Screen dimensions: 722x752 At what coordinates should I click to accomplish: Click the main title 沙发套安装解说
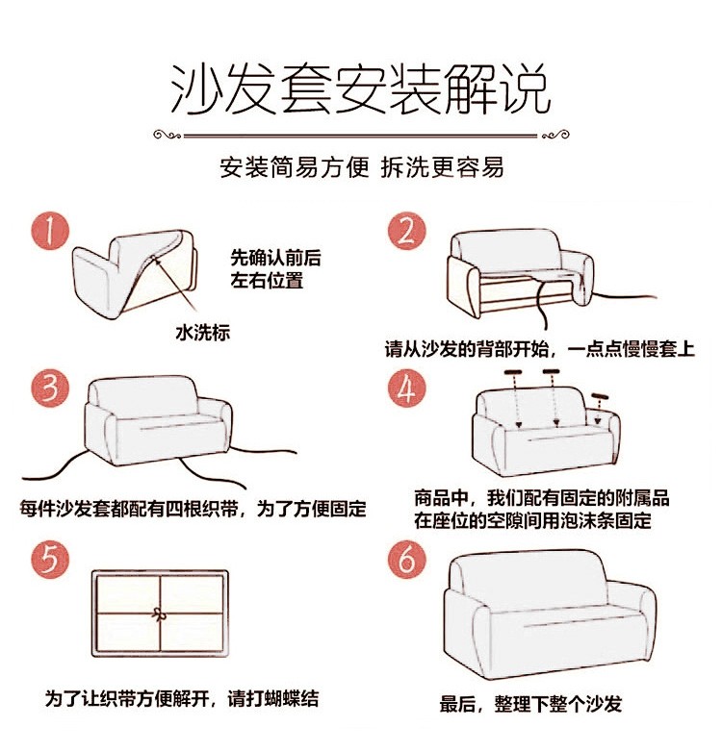click(361, 89)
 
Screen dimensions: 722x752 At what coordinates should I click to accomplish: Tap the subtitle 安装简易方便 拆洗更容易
click(361, 167)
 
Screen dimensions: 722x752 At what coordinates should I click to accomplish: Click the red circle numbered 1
click(50, 231)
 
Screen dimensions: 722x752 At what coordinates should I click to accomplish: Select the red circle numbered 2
click(406, 231)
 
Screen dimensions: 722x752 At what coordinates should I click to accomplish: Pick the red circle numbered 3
click(50, 389)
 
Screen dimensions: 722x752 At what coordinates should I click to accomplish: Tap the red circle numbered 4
click(406, 389)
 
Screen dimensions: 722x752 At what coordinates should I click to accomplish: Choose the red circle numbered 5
click(50, 560)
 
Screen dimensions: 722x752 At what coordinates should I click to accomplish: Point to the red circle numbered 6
click(406, 560)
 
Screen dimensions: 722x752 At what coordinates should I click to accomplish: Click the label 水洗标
click(202, 333)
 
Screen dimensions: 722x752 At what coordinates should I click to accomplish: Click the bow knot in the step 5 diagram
click(157, 613)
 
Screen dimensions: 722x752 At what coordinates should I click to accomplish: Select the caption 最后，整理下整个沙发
click(531, 704)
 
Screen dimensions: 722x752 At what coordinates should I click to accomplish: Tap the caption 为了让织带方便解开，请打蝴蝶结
click(182, 698)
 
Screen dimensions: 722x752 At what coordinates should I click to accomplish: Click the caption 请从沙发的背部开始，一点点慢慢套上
click(540, 349)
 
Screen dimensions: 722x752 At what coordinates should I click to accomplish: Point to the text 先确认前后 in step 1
click(275, 258)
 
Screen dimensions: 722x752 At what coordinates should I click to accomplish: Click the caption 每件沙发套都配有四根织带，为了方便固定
click(193, 509)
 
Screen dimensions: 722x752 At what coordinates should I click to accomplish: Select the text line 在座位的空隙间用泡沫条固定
click(533, 520)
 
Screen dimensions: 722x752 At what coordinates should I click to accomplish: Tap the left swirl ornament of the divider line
click(167, 136)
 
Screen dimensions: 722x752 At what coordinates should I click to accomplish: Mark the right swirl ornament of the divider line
click(555, 136)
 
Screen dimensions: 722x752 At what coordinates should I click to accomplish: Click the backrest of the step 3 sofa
click(143, 395)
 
